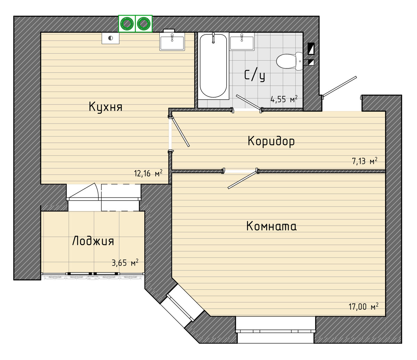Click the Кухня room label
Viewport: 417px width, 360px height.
106,107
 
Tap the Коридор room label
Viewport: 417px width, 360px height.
271,141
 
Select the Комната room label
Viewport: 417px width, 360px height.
271,226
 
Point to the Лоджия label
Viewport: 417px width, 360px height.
93,241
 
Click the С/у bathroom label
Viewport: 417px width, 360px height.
255,75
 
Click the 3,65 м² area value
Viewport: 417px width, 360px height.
125,262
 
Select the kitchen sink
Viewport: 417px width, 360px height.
172,42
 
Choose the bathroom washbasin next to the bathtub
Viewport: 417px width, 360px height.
242,42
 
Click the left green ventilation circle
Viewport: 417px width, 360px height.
127,24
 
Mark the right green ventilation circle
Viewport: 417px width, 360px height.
143,24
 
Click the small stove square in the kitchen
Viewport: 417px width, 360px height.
111,38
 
